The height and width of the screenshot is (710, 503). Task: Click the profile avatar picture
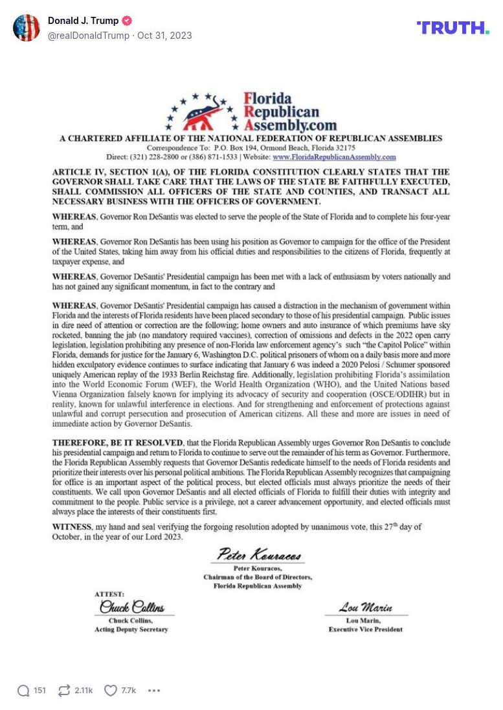[27, 28]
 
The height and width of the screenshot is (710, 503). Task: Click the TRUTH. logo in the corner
[453, 28]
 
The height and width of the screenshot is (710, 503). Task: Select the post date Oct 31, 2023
[164, 36]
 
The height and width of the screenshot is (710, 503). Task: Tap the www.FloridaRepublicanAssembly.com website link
[334, 157]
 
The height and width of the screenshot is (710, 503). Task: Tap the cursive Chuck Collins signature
[131, 607]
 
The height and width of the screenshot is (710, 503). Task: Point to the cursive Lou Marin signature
[365, 608]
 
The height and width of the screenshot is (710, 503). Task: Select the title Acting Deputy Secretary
[131, 629]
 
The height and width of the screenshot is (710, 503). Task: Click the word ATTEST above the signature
[109, 594]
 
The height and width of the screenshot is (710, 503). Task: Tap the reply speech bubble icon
[23, 691]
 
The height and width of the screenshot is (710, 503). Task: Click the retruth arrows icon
[64, 691]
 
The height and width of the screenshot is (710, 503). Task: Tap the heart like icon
[111, 691]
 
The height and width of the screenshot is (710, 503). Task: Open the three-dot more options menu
[153, 691]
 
